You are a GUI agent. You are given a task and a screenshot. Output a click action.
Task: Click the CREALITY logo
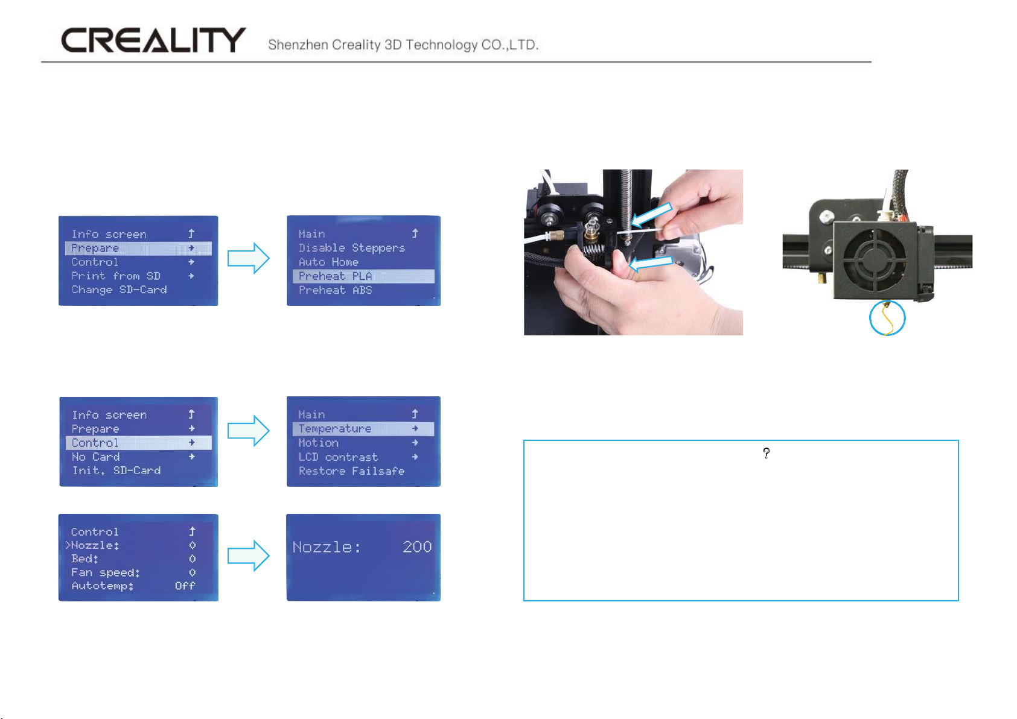click(x=153, y=40)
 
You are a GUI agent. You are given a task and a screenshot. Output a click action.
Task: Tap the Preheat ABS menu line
click(x=335, y=290)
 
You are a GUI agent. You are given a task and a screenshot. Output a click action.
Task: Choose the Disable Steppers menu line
click(x=351, y=248)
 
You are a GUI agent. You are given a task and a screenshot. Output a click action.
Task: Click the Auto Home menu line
click(x=328, y=262)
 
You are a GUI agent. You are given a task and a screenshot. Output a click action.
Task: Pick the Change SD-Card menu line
click(x=119, y=290)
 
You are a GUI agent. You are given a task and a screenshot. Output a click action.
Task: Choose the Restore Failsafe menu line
click(x=351, y=471)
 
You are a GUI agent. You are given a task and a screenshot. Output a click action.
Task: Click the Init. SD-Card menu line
click(x=116, y=470)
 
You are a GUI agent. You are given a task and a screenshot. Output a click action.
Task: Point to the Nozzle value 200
click(x=417, y=546)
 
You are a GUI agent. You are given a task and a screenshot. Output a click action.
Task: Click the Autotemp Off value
click(x=185, y=586)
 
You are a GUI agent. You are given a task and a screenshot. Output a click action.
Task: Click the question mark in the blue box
click(x=766, y=453)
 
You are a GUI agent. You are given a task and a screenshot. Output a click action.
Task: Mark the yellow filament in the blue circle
click(x=887, y=319)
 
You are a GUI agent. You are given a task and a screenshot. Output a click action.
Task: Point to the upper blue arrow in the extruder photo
click(x=651, y=215)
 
